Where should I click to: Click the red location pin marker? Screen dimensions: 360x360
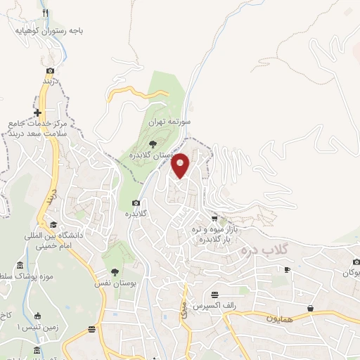coord(181,165)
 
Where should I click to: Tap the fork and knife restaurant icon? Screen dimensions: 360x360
coord(46,13)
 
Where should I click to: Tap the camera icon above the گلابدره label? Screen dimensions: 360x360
coord(136,203)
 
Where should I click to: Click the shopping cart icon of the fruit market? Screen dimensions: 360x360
coord(214,219)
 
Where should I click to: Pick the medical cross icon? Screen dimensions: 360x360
coord(37,112)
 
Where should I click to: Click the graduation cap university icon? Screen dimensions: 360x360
coord(53,225)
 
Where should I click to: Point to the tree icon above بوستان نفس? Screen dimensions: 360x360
coord(115,271)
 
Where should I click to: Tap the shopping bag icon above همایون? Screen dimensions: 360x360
coord(311,308)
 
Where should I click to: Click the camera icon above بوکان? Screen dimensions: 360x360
coord(356,262)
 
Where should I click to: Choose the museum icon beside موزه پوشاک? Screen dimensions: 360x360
coord(19,265)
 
